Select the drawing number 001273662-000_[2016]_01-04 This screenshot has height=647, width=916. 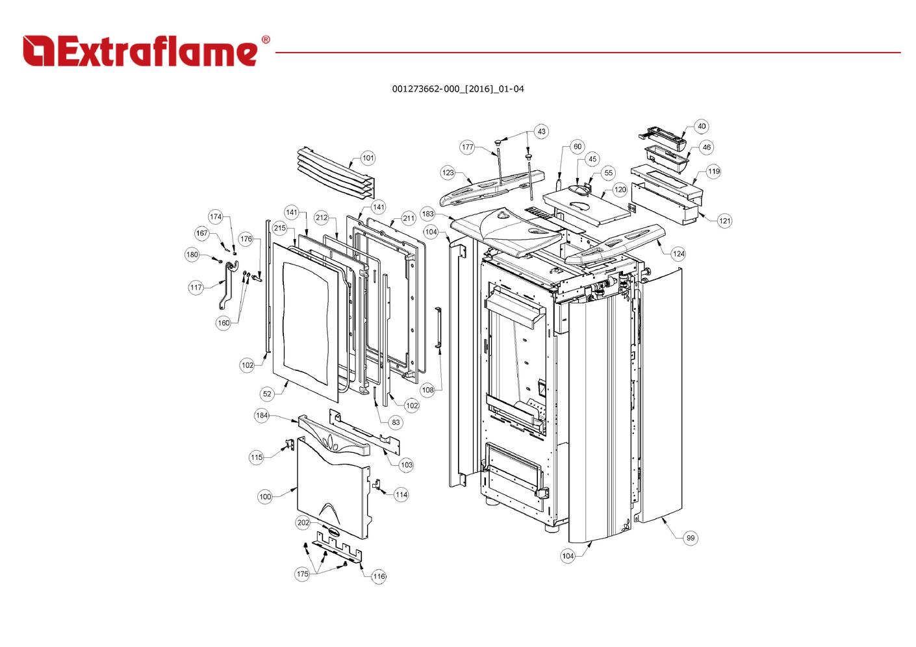coord(457,89)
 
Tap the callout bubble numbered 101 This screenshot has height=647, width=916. coord(368,158)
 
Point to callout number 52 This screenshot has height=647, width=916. coord(268,394)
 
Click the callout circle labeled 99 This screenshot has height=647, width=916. coord(691,538)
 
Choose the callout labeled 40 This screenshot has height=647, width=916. coord(702,126)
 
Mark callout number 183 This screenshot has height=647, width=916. coord(427,214)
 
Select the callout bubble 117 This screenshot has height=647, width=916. coord(196,287)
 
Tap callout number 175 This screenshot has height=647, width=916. coord(302,574)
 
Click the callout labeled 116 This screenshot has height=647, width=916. coord(379,576)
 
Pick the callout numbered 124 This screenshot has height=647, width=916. coord(679,254)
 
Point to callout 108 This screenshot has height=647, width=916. coord(427,390)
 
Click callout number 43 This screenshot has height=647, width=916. coord(541,131)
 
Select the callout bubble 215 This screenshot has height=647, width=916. coord(280,228)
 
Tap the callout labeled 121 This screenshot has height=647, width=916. coord(725,221)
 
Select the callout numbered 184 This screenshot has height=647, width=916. coord(262,416)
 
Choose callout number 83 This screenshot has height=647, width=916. coord(396,422)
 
